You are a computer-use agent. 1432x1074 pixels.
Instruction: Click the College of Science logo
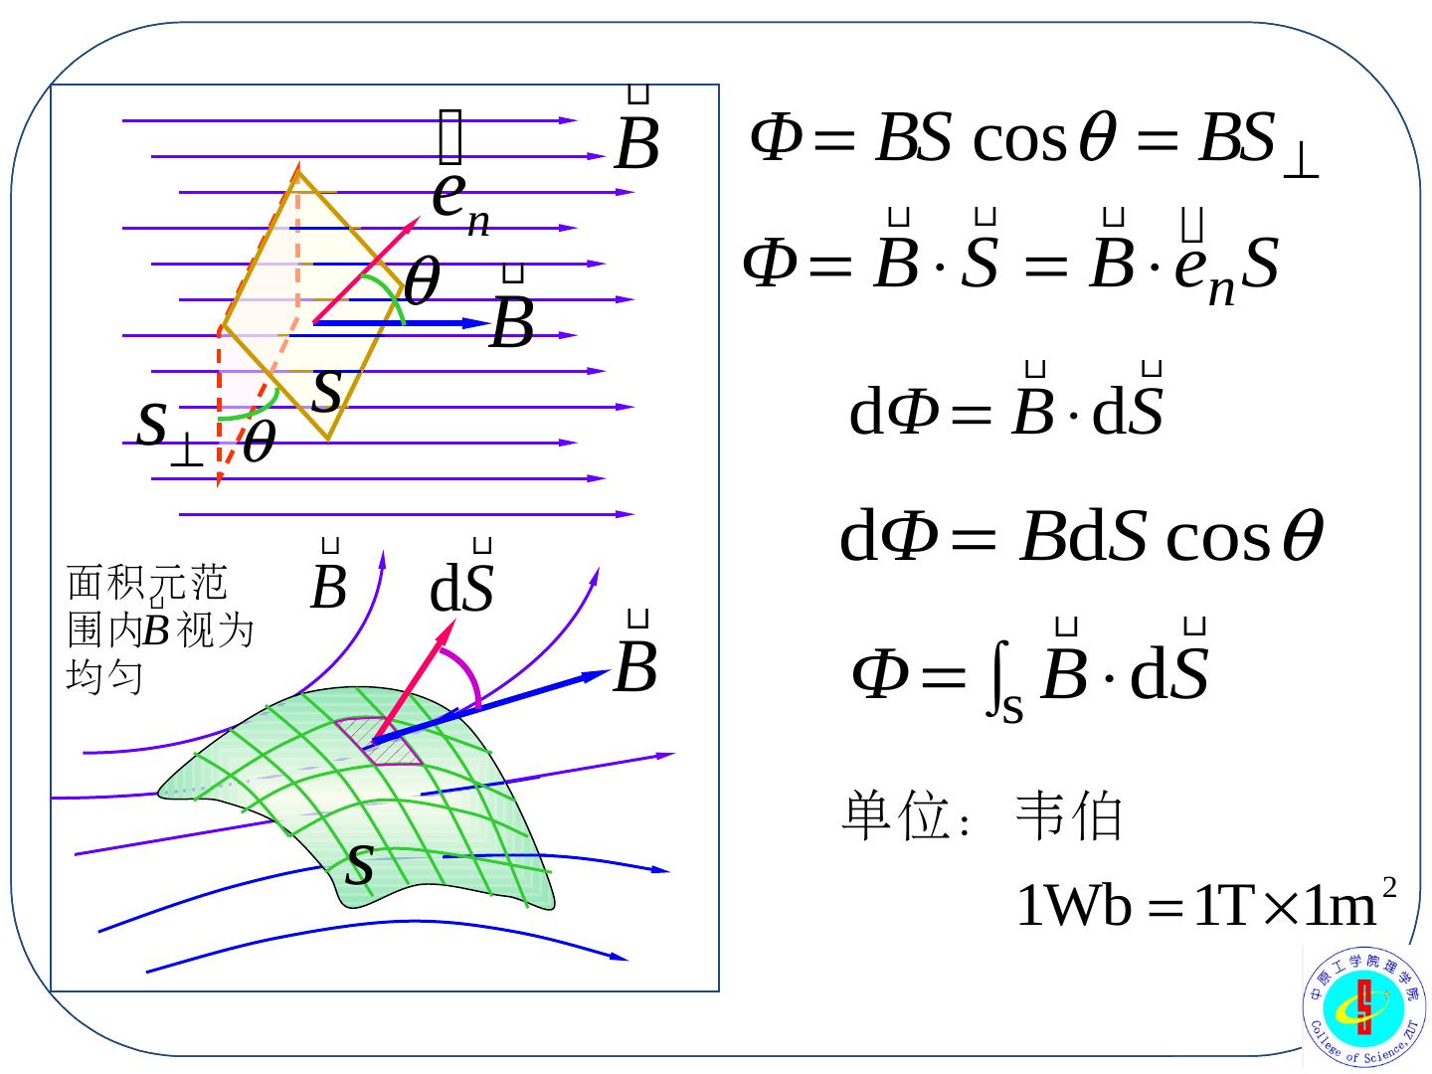(1363, 1005)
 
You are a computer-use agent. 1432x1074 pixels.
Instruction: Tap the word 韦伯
(1069, 817)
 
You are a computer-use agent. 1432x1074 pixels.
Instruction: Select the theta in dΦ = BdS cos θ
(1302, 537)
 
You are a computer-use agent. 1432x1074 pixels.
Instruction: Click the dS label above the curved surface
(462, 589)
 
